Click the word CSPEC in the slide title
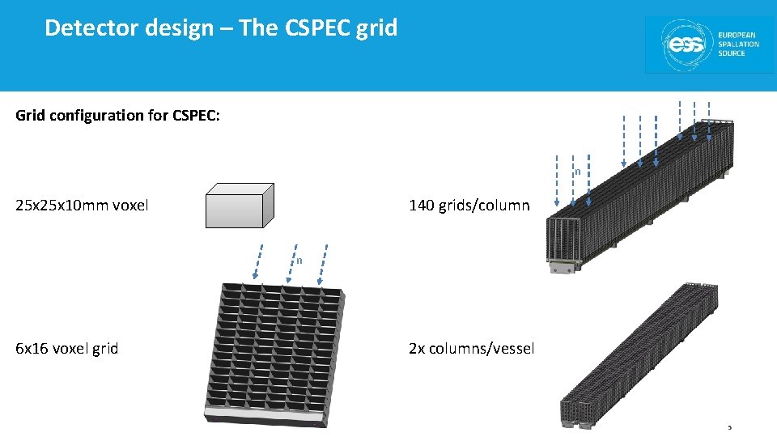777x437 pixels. (316, 28)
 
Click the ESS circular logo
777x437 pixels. (686, 45)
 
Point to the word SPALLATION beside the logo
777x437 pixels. (738, 44)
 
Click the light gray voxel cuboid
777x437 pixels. (240, 205)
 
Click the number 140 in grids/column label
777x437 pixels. (421, 205)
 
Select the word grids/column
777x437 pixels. (484, 206)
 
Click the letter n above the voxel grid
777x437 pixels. (299, 261)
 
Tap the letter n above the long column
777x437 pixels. (577, 172)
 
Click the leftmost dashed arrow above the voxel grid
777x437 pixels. (257, 261)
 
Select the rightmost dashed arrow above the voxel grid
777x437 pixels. (323, 265)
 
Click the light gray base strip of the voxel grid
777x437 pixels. (266, 416)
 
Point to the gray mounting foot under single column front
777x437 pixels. (563, 268)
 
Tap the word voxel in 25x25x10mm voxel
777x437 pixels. (130, 205)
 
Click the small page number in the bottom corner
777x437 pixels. (729, 427)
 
